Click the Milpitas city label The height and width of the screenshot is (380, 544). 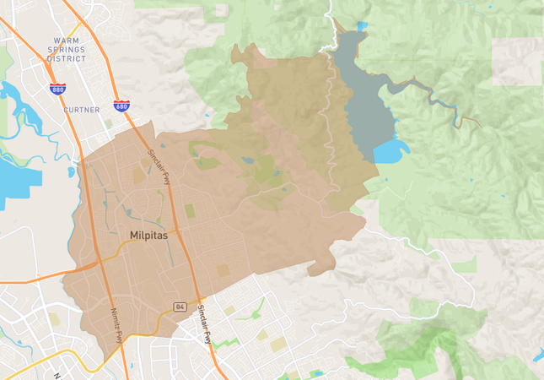(148, 236)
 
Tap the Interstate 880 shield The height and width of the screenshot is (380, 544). (57, 89)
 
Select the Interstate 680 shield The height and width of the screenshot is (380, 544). (121, 106)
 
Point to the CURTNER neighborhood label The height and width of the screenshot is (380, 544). (82, 110)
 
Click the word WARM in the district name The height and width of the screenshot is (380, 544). (67, 41)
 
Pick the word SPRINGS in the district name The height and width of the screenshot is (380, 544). (67, 50)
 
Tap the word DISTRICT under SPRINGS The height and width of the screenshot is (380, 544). (67, 59)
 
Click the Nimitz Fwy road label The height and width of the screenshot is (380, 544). (116, 324)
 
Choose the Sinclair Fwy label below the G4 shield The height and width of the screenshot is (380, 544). (204, 324)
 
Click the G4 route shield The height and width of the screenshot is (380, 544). (180, 307)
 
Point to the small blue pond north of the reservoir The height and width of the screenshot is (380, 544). (362, 26)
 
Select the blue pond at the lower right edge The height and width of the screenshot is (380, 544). (538, 356)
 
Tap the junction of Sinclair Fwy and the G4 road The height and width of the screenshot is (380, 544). (199, 296)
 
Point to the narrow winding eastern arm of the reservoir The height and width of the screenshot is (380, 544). (439, 100)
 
